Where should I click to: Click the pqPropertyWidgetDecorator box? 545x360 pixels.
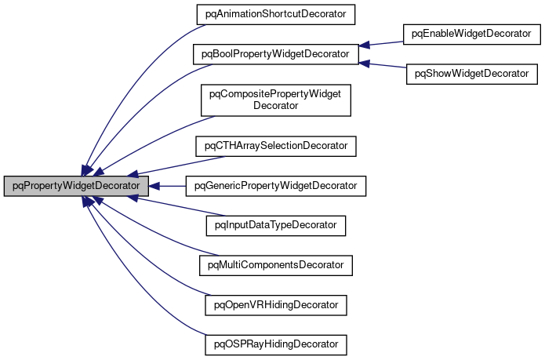point(76,186)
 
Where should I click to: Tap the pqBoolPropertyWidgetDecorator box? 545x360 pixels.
point(275,54)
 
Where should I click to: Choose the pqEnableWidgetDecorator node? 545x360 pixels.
point(471,34)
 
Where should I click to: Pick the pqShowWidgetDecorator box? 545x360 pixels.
point(471,74)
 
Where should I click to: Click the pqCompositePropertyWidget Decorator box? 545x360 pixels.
point(275,100)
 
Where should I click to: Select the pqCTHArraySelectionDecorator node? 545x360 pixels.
point(275,146)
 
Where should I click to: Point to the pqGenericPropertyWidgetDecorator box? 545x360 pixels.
point(274,186)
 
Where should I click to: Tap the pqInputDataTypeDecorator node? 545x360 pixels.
point(275,225)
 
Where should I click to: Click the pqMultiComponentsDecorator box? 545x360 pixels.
point(275,265)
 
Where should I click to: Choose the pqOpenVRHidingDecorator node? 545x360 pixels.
point(275,304)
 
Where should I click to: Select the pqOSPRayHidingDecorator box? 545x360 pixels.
point(275,344)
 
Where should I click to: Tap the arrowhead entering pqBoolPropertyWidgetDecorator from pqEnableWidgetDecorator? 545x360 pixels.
point(365,45)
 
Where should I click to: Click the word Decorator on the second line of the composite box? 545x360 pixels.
point(275,106)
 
